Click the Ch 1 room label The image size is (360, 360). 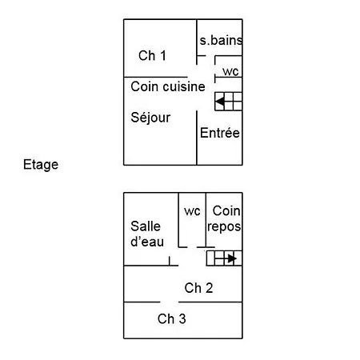pos(152,55)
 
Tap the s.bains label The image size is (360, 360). pos(221,40)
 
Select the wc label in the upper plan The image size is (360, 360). pos(230,71)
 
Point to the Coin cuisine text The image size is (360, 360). pos(168,86)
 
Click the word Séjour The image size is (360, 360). pos(150,118)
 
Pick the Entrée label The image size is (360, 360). pos(220,133)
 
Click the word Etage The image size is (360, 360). pos(41,165)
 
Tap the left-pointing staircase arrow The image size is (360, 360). pos(220,102)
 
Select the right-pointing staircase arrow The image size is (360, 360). pos(232,258)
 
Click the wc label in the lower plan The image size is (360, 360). pos(192,211)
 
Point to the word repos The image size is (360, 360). pos(224,227)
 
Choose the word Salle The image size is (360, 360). pos(146,226)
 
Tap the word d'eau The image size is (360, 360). pos(147,242)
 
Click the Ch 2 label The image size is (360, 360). pos(198,288)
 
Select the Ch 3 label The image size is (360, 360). pos(172,318)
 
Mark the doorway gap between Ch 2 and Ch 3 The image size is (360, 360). pos(170,302)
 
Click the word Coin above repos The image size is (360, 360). pos(226,210)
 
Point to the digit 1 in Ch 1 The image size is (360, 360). pos(163,55)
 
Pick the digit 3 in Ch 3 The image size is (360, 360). pos(182,318)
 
